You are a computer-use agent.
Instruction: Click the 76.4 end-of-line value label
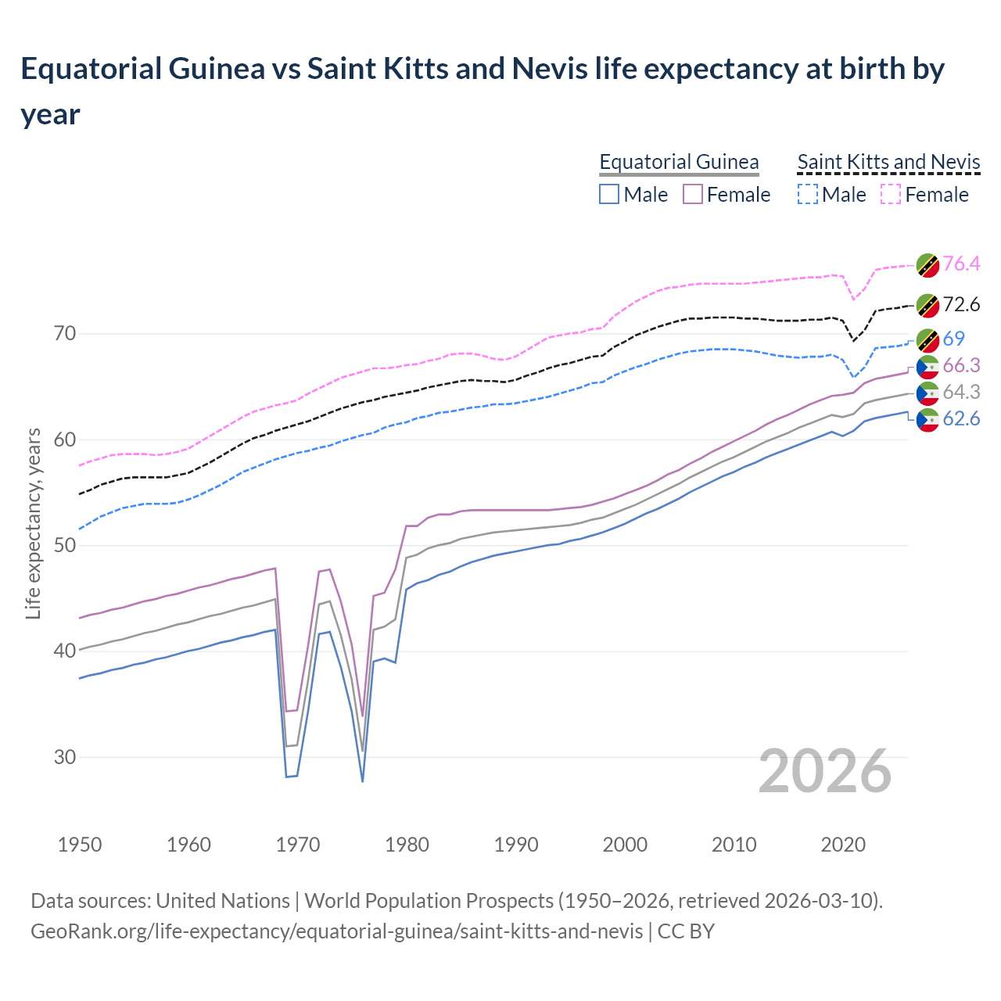[961, 264]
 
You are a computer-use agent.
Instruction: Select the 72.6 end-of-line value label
[961, 304]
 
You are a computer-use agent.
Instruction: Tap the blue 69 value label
[953, 339]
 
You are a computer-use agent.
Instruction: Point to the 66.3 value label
[961, 365]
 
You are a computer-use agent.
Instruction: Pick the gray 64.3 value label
[961, 392]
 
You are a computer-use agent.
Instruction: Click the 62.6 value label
[961, 419]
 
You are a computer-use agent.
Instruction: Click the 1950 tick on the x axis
[80, 845]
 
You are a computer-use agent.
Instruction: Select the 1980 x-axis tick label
[407, 845]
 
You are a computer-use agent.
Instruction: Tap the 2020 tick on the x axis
[843, 845]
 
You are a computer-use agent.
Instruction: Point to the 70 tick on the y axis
[66, 334]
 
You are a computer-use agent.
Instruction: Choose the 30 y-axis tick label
[66, 757]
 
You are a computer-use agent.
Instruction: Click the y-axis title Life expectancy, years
[33, 523]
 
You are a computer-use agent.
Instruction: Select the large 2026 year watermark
[824, 771]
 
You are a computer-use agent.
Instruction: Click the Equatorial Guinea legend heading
[679, 162]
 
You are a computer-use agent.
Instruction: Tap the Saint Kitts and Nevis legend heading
[888, 162]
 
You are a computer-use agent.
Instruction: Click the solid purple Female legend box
[693, 194]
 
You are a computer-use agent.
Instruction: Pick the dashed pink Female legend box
[892, 194]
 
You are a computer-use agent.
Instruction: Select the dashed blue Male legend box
[807, 194]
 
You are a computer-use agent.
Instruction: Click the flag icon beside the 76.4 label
[927, 264]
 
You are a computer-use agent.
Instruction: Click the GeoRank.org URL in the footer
[336, 931]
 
